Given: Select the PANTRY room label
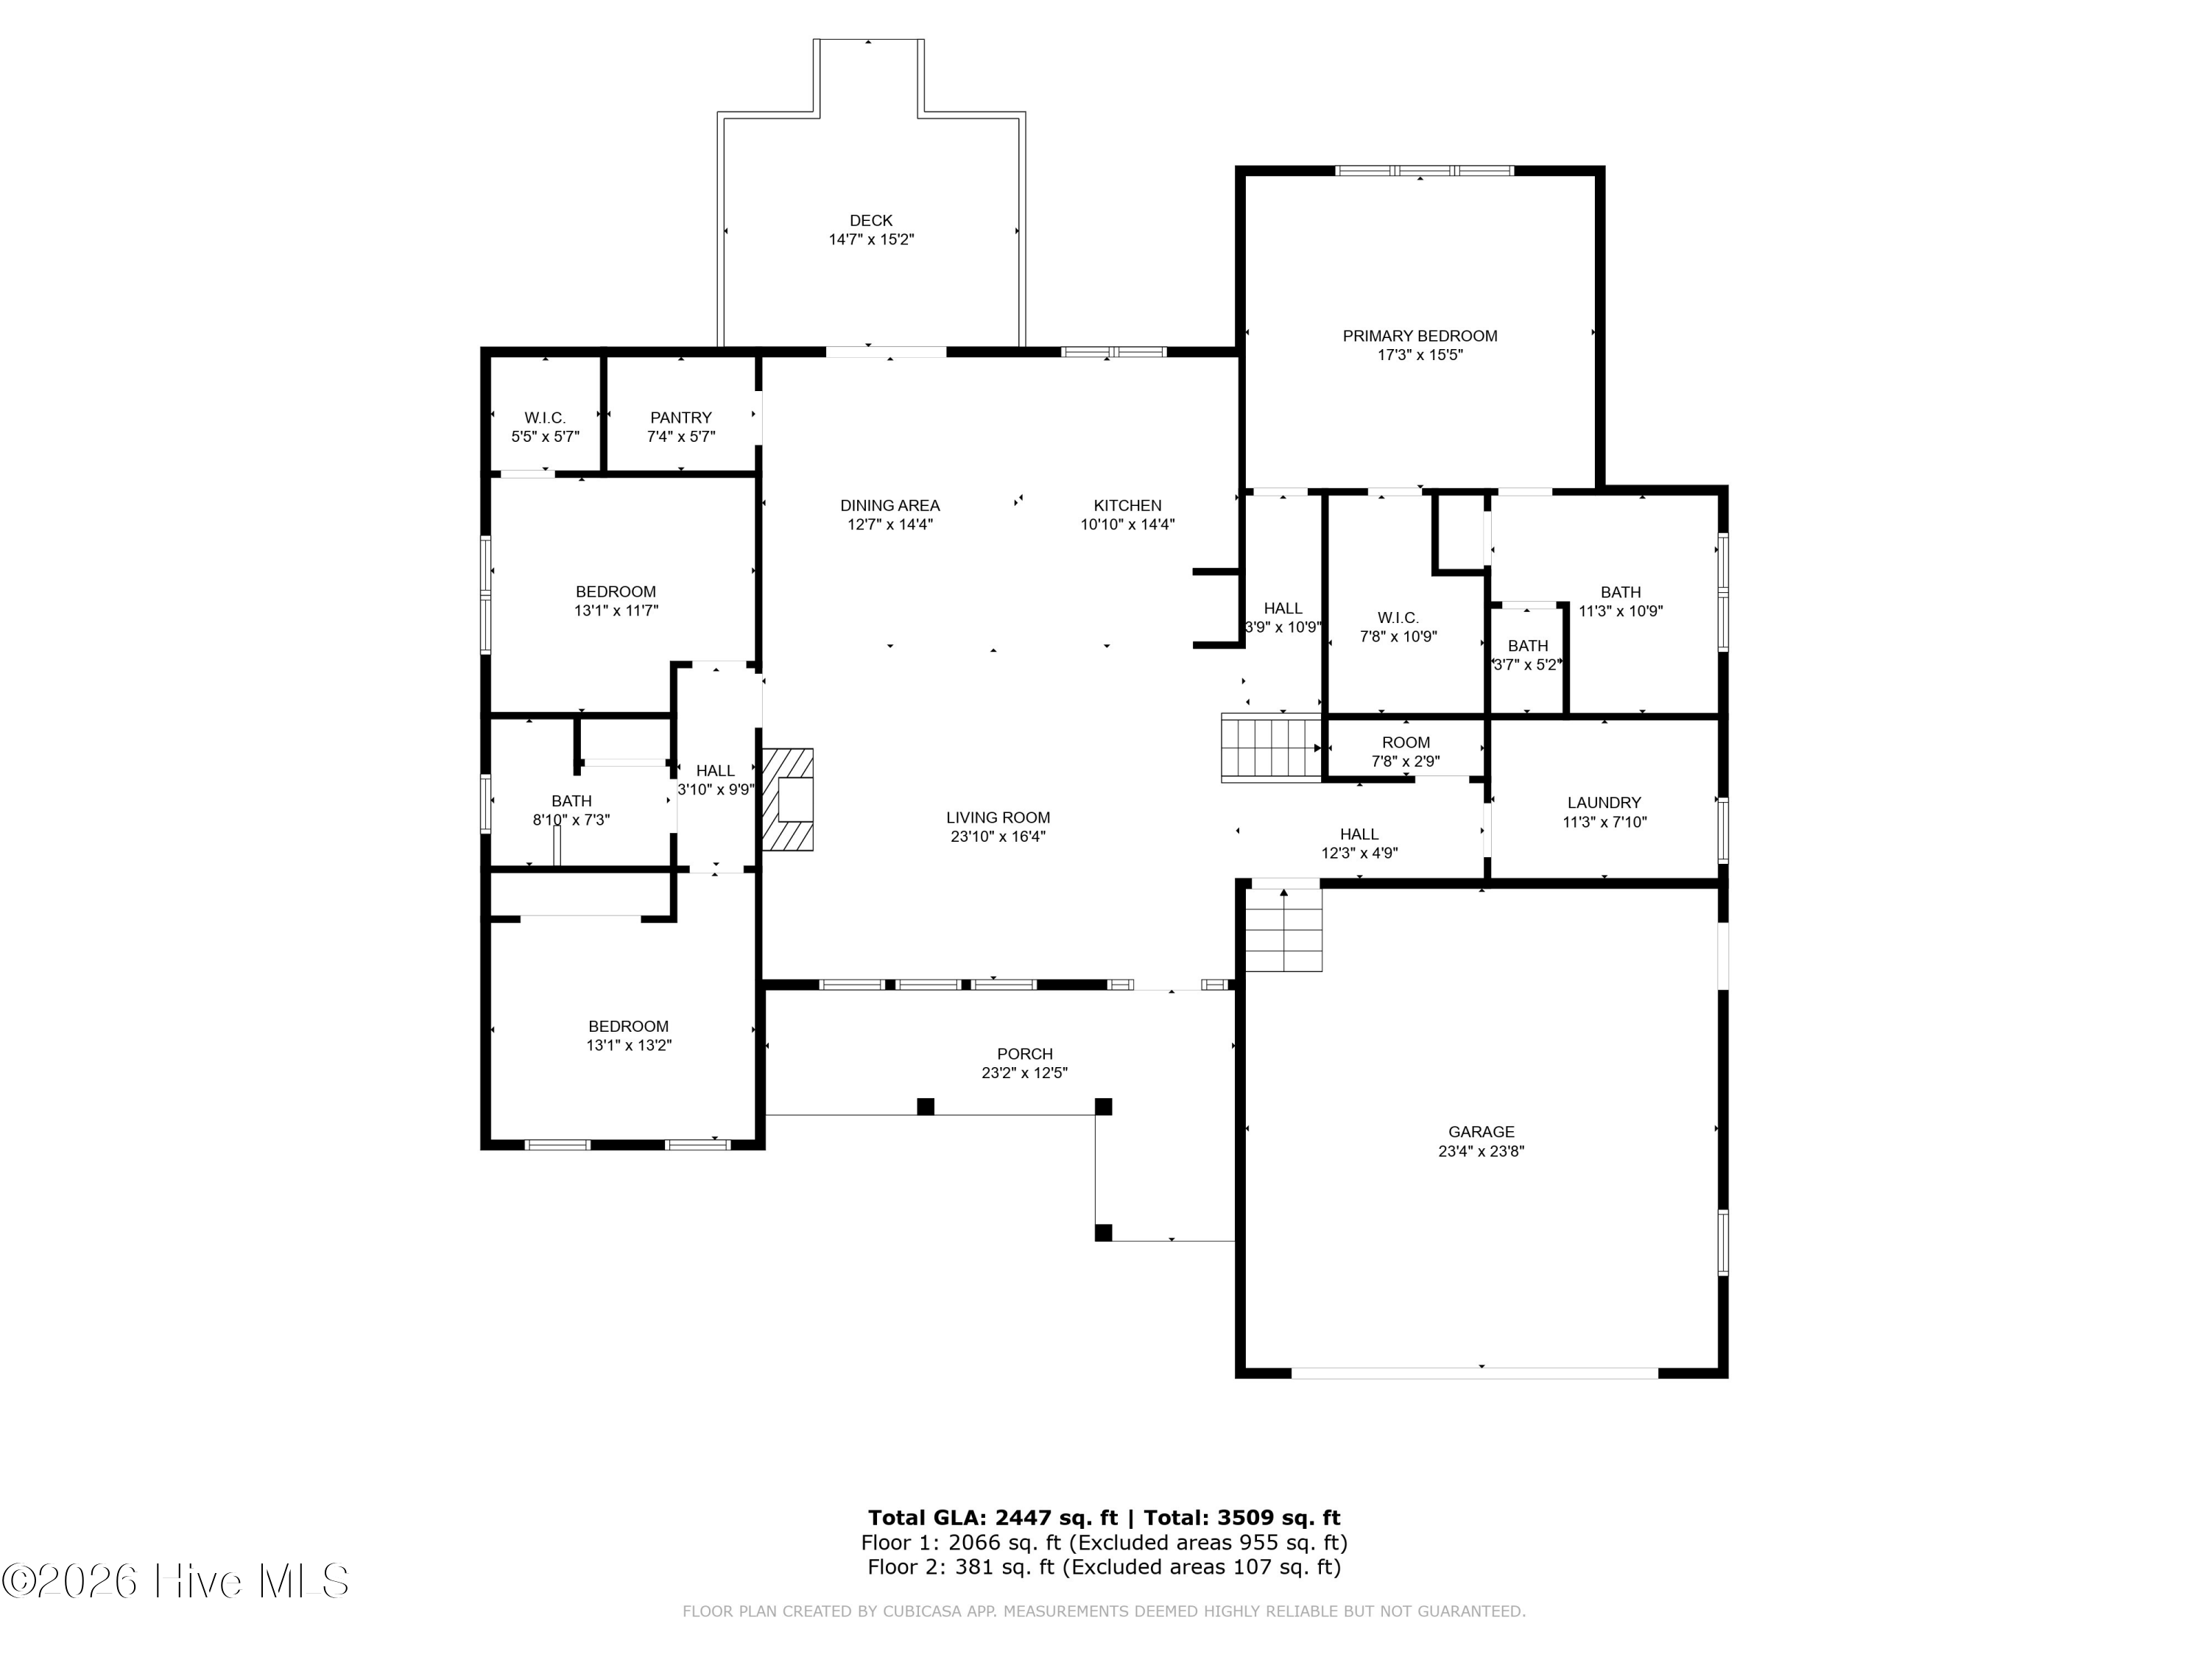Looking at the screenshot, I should coord(680,418).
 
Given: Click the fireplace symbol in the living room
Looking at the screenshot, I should coord(789,799).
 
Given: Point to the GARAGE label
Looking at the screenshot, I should coord(1480,1132).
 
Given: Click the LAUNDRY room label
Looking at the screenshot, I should coord(1603,802).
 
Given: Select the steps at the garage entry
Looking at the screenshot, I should coord(1283,930).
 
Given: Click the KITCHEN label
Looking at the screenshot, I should coord(1127,505).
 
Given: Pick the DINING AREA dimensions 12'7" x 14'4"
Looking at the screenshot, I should coord(889,524).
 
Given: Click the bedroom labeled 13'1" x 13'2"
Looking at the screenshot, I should coord(628,1035).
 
